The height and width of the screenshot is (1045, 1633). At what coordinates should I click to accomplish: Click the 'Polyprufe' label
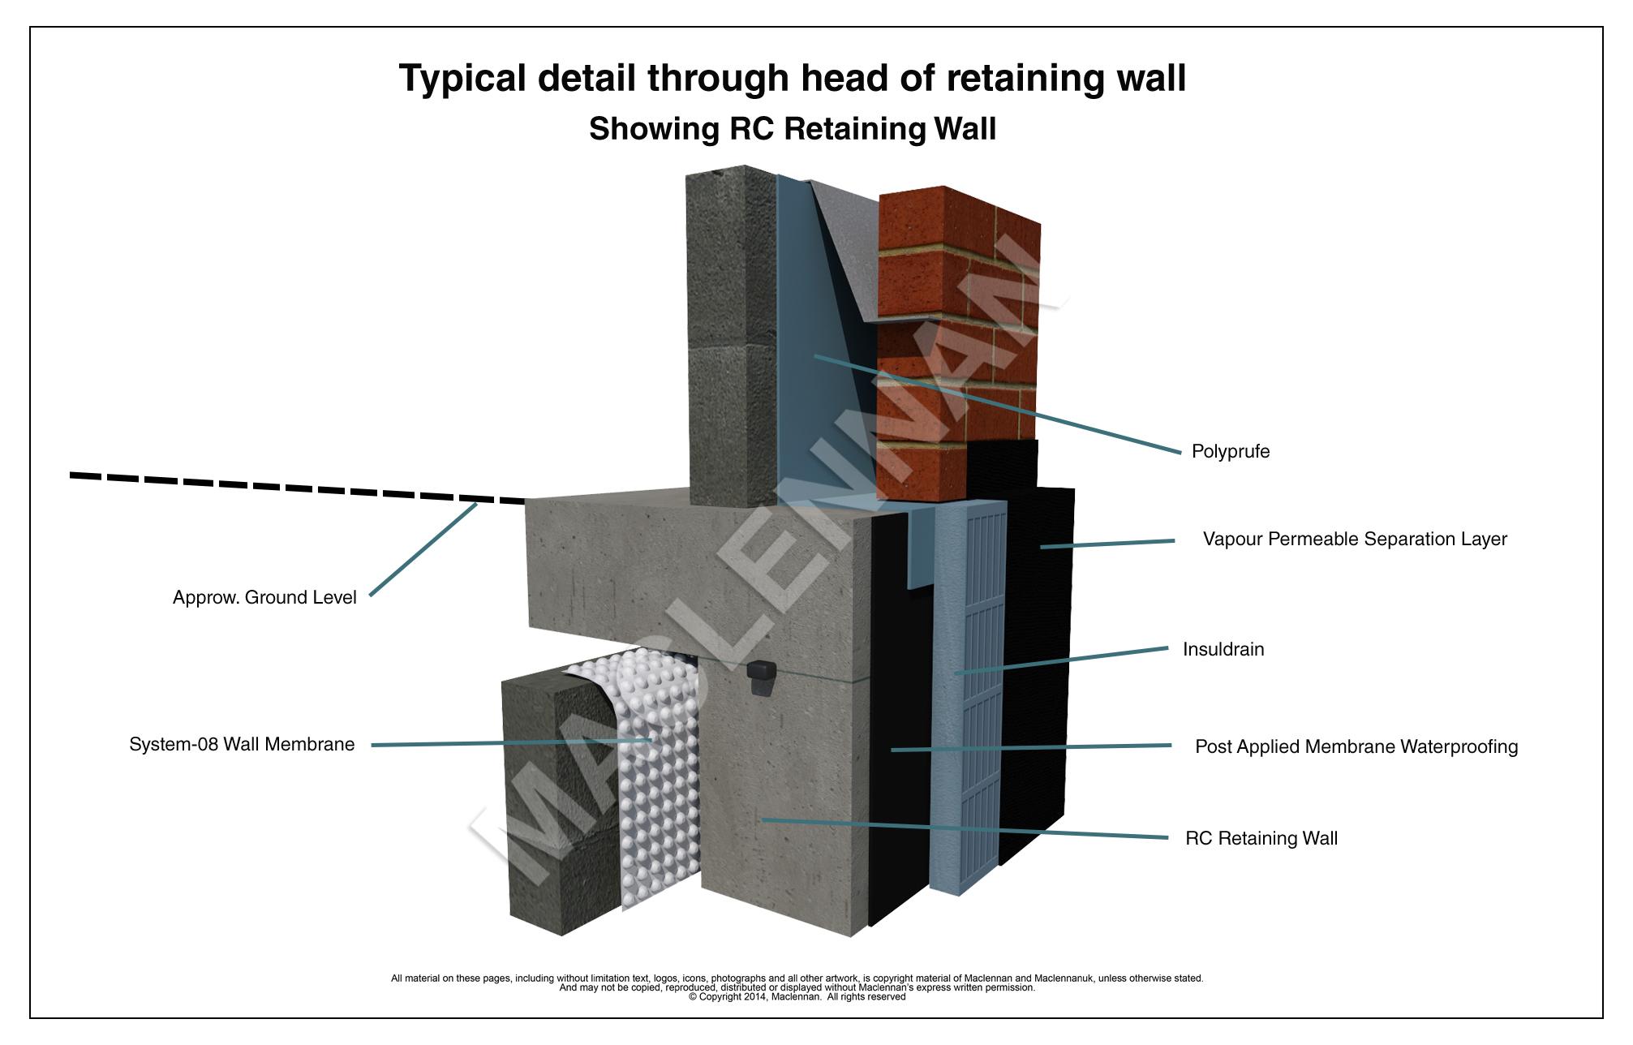coord(1230,452)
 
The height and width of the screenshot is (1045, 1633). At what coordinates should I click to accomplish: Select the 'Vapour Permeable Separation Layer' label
coord(1354,540)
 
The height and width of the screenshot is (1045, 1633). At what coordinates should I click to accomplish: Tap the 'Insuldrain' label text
coord(1223,650)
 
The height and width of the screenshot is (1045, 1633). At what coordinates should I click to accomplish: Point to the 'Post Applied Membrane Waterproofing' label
coord(1356,747)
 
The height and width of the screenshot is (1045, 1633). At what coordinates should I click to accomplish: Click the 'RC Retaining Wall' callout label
coord(1261,839)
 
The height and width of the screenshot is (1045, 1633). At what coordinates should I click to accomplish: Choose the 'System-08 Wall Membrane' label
coord(242,745)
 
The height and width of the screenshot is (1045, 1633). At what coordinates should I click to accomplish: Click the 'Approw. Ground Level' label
coord(264,598)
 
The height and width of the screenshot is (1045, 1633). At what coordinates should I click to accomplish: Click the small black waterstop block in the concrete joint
coord(760,677)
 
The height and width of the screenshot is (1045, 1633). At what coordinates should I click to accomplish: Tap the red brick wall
coord(957,341)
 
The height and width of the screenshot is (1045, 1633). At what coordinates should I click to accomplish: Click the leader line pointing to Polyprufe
coord(998,403)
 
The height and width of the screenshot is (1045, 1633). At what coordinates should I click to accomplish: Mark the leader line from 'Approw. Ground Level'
coord(422,550)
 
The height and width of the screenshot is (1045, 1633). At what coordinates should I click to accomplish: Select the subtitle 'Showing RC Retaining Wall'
coord(792,129)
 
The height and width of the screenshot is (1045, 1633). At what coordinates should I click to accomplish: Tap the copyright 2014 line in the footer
coord(797,997)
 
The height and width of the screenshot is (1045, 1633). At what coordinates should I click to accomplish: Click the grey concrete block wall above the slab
coord(730,341)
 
